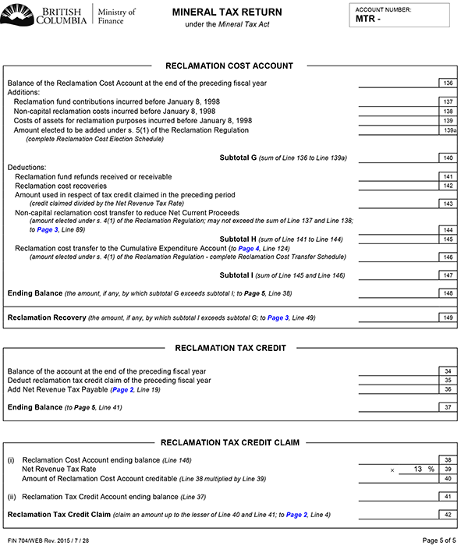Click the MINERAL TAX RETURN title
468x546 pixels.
[x=227, y=12]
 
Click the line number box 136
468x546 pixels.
[x=447, y=83]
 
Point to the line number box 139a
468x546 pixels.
[x=448, y=130]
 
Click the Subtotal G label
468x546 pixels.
[x=243, y=158]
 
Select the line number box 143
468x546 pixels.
[x=447, y=203]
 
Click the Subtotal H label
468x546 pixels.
[x=243, y=239]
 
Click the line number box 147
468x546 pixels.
[x=447, y=275]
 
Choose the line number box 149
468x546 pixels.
[x=447, y=317]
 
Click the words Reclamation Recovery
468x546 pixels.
[x=46, y=318]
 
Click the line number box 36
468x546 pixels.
[x=447, y=389]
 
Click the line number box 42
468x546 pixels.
[x=447, y=514]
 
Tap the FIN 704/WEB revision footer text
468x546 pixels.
[x=48, y=539]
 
